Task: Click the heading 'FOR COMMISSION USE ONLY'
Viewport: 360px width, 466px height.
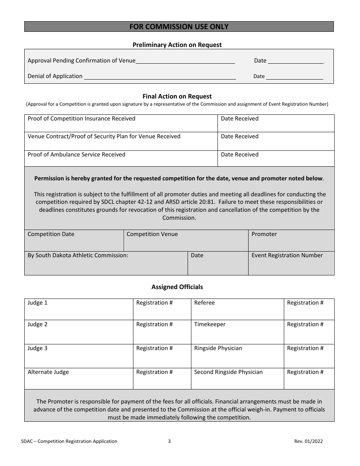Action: [x=179, y=27]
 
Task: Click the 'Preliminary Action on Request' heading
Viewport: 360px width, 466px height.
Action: [x=177, y=45]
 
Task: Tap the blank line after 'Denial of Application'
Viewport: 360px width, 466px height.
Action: [x=160, y=77]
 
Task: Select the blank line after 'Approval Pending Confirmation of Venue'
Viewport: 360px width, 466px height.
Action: [x=185, y=61]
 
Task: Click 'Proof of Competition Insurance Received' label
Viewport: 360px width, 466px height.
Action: [x=81, y=119]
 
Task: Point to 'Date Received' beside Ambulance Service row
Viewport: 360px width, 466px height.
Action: [x=239, y=155]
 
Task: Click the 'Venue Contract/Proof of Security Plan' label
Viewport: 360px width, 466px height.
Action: [x=104, y=136]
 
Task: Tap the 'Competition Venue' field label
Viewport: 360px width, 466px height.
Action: [x=152, y=234]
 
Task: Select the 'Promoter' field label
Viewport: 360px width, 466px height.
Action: [x=264, y=234]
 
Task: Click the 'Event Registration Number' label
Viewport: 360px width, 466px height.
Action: [x=287, y=255]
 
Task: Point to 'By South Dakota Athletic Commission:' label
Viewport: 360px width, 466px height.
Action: [x=78, y=255]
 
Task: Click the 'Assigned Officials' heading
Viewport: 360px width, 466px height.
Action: [x=177, y=287]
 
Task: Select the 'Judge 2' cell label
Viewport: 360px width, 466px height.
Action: [x=38, y=324]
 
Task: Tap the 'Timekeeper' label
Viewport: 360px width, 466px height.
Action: [x=210, y=324]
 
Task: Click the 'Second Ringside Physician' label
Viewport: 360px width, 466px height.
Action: [x=228, y=372]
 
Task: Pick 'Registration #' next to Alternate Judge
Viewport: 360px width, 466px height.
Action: [x=154, y=372]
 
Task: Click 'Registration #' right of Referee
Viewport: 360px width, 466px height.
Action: [x=305, y=303]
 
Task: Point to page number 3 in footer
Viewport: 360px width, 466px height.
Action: [x=169, y=441]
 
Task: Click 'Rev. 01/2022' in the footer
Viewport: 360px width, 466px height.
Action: [x=308, y=441]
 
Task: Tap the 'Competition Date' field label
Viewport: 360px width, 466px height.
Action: [x=51, y=234]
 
